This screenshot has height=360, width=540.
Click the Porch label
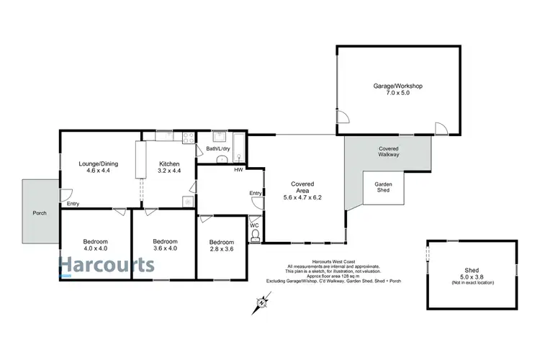39,214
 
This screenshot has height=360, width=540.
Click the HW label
238,171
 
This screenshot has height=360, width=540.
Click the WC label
253,225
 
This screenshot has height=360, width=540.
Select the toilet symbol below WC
254,235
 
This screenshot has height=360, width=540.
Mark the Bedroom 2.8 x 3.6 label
222,246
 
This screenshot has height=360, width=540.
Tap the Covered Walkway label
389,151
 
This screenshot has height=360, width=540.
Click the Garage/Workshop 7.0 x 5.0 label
397,89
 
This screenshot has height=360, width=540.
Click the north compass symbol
260,302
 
